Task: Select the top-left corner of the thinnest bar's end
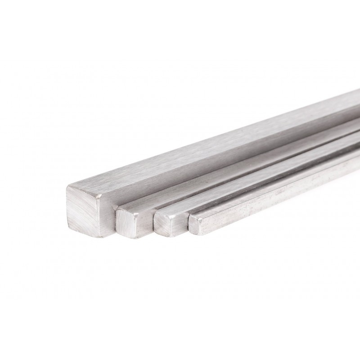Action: (x=190, y=216)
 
